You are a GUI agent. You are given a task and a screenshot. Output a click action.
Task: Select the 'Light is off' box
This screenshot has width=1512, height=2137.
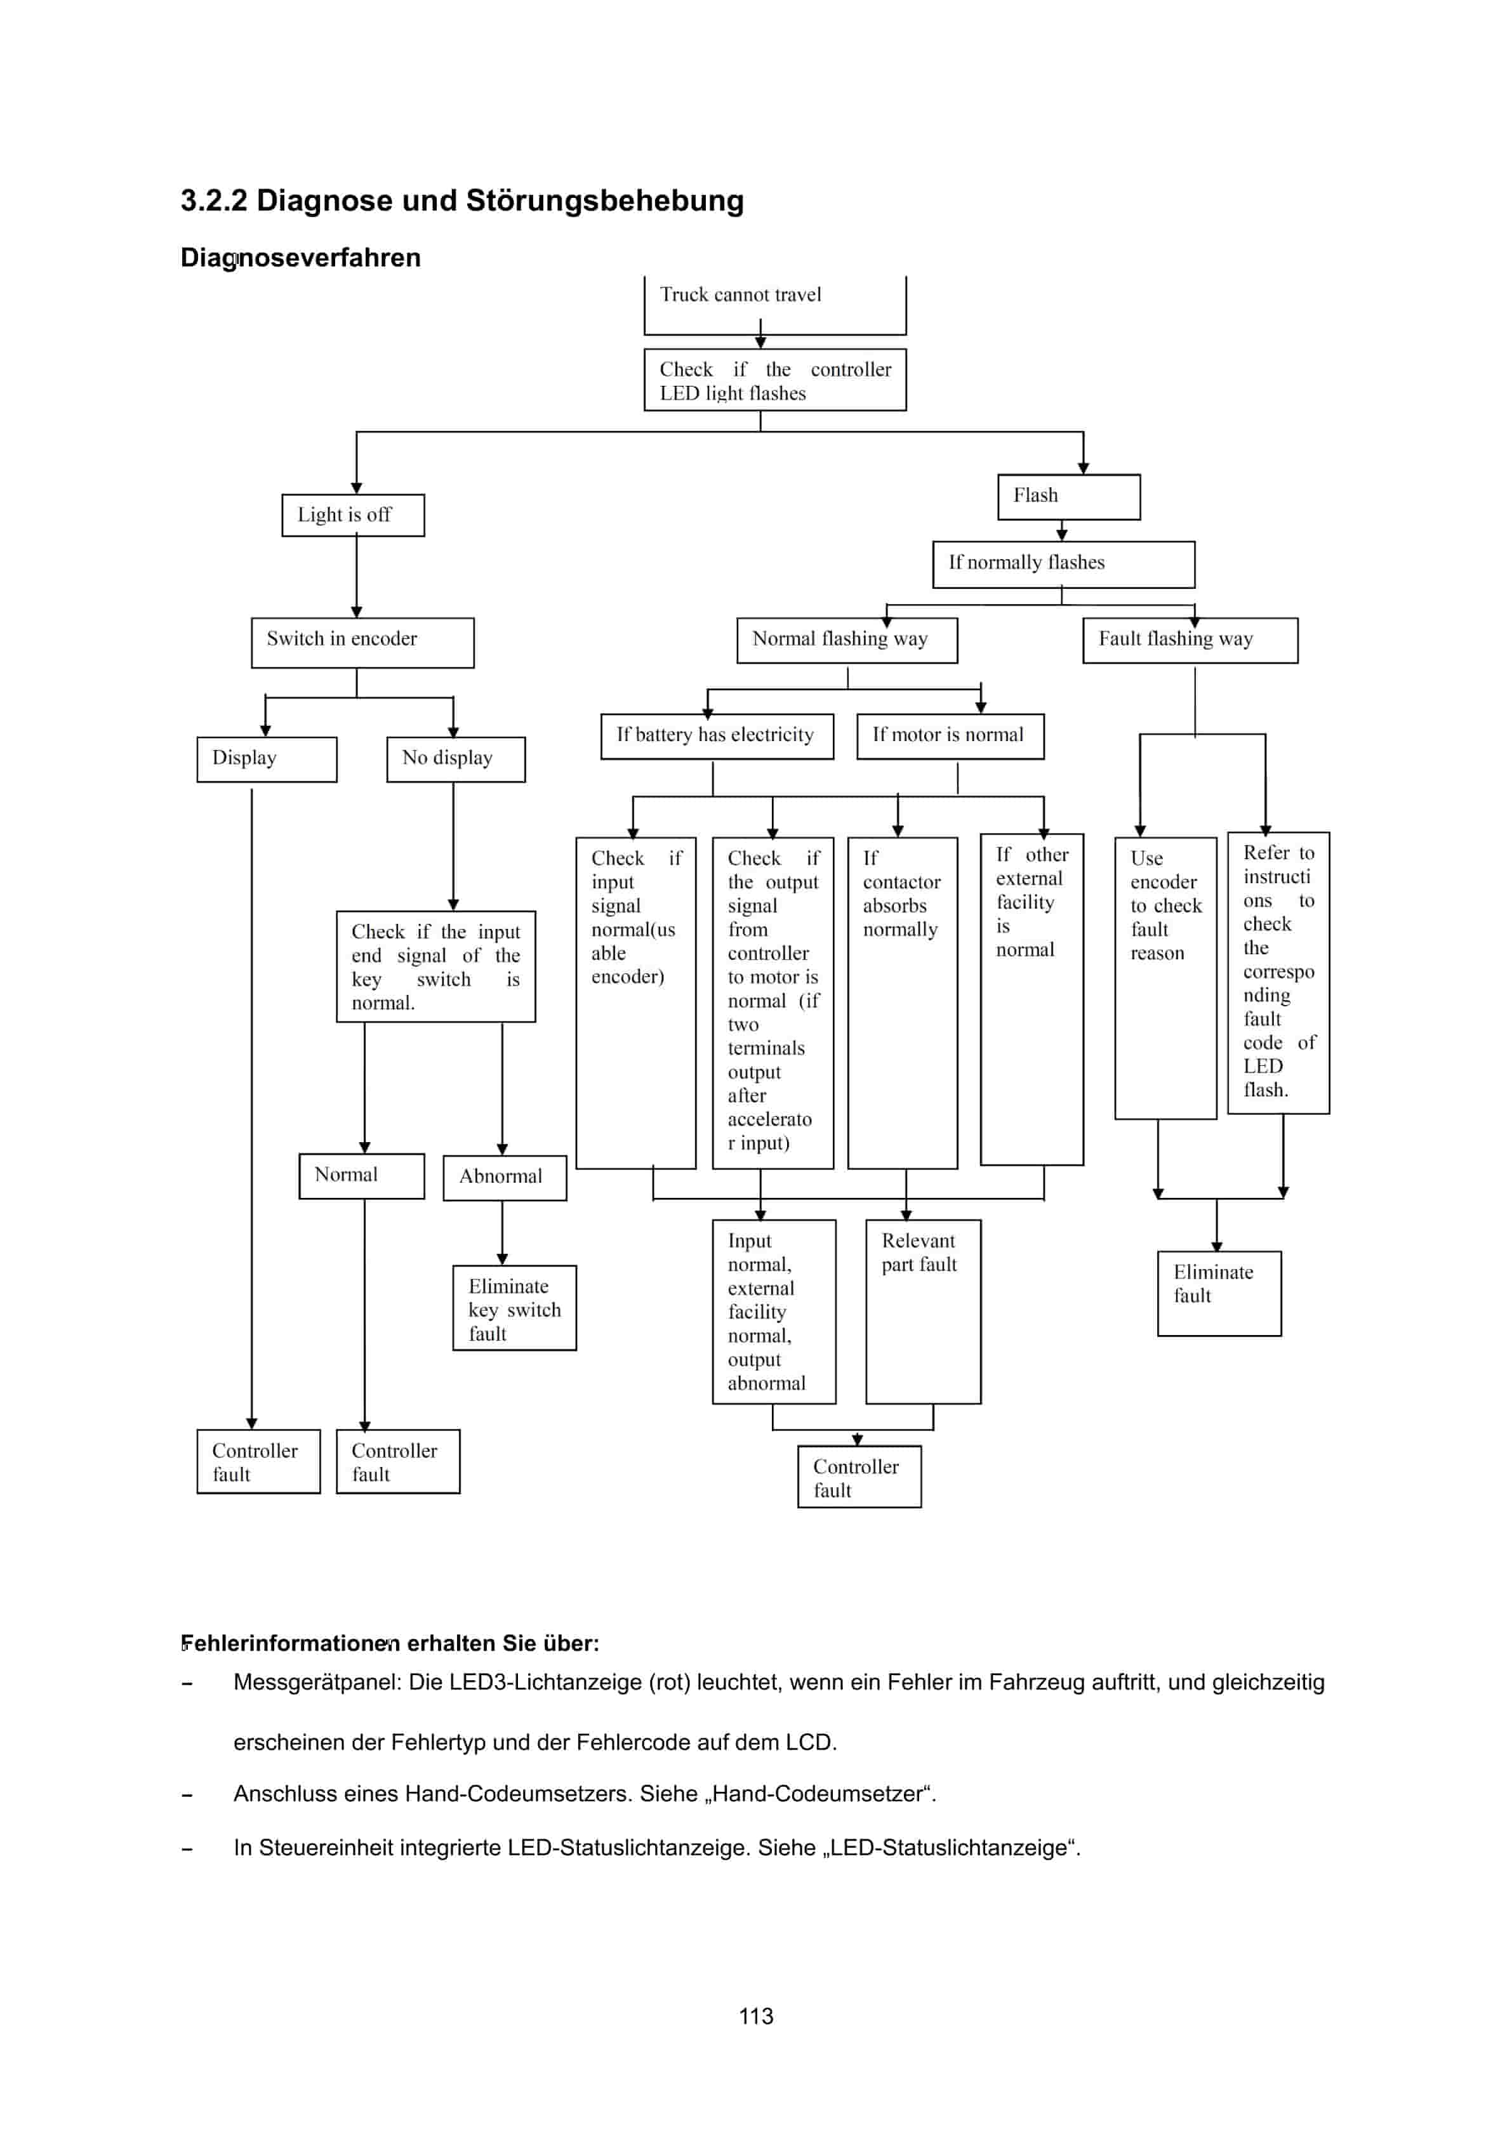click(353, 515)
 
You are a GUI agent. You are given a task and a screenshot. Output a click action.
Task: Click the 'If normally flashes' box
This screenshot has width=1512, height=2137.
click(1063, 564)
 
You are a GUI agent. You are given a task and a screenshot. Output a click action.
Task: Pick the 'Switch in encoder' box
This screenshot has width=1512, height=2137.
click(362, 642)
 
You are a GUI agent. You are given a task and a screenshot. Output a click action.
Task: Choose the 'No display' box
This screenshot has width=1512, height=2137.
click(455, 759)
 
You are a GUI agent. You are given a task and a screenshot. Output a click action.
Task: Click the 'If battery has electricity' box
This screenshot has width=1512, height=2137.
click(716, 735)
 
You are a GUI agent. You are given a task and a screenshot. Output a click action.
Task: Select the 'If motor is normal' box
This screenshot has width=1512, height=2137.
click(949, 735)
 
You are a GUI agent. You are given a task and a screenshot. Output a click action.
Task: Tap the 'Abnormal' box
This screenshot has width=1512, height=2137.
click(504, 1178)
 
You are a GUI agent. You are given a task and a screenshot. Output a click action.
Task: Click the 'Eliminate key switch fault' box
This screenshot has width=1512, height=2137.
click(514, 1308)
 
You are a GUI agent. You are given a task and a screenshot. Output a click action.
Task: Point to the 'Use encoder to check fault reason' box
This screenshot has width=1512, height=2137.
click(1165, 977)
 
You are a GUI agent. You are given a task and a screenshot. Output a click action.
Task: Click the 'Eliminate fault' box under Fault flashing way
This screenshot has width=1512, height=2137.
click(1218, 1293)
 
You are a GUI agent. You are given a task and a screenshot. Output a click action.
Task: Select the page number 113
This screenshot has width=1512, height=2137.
click(755, 2016)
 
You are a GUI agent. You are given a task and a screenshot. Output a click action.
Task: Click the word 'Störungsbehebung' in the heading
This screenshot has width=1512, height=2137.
click(604, 201)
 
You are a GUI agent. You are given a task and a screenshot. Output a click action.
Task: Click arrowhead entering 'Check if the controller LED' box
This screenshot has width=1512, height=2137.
click(760, 343)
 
